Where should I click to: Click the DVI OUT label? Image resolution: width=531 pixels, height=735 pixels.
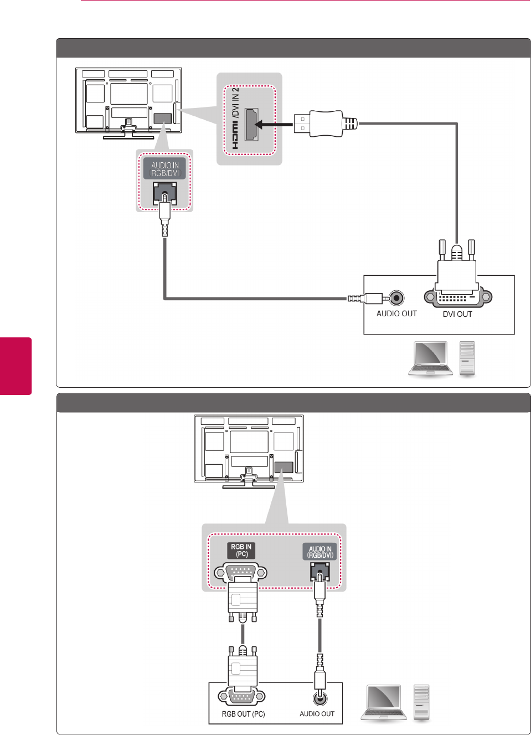(x=457, y=314)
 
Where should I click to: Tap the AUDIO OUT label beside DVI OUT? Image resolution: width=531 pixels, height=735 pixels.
(x=396, y=313)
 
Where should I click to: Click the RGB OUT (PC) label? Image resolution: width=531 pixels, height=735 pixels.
(x=243, y=714)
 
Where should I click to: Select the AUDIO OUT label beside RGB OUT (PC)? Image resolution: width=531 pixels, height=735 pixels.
(x=317, y=714)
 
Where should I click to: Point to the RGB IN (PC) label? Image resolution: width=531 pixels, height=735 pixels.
(x=241, y=550)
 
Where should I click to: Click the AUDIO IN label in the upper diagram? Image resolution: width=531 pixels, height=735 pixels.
(x=165, y=169)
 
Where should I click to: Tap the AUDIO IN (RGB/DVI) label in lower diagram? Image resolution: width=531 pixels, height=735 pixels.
(x=320, y=552)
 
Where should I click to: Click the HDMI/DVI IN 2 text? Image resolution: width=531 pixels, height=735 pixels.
(x=235, y=117)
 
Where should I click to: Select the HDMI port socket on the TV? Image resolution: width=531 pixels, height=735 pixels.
(x=251, y=124)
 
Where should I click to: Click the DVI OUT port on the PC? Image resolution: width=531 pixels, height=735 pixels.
(x=457, y=297)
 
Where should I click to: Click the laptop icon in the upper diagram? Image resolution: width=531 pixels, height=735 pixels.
(x=430, y=358)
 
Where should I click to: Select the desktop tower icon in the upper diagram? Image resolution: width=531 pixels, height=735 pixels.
(x=467, y=358)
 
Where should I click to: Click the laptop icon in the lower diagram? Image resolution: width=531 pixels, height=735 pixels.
(x=383, y=702)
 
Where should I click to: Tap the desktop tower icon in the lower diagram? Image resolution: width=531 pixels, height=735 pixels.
(x=421, y=702)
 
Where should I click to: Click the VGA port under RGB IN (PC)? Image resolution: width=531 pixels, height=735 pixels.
(x=240, y=572)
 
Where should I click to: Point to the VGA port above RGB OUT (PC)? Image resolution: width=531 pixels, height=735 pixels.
(x=242, y=696)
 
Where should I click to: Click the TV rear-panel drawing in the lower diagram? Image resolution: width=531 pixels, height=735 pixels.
(x=249, y=450)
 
